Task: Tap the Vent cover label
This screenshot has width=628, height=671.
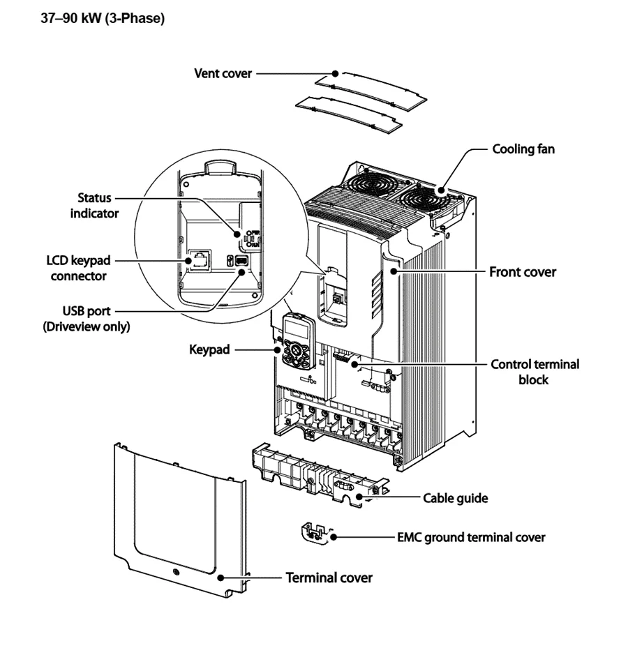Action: [x=223, y=73]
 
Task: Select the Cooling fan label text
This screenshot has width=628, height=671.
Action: [x=523, y=149]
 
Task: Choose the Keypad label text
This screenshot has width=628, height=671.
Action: [x=209, y=348]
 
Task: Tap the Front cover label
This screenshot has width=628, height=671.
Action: [x=523, y=272]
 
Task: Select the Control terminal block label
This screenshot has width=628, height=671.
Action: [x=534, y=372]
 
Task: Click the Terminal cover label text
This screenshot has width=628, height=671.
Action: [x=329, y=578]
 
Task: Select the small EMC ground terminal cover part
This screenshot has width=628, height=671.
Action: [x=314, y=531]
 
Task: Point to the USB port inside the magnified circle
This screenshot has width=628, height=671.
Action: [x=239, y=260]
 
